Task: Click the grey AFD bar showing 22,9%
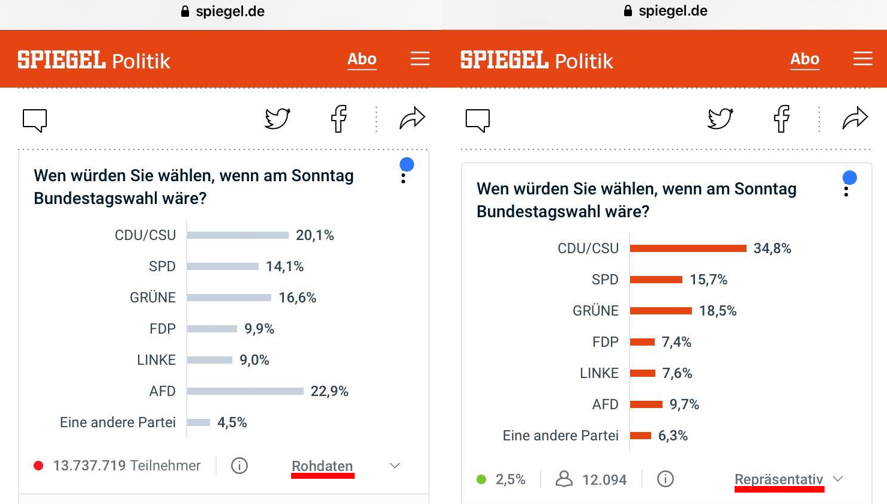point(245,391)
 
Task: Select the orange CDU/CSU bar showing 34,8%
point(688,248)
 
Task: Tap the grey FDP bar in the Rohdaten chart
point(212,329)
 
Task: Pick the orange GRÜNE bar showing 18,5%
point(661,311)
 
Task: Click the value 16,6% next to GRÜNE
point(297,298)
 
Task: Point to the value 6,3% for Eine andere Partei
point(673,436)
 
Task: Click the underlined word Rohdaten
point(322,466)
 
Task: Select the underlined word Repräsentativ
point(778,479)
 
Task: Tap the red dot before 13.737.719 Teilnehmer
point(38,466)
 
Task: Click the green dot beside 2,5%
point(481,479)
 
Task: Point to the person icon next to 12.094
point(564,479)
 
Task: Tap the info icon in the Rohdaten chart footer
point(239,466)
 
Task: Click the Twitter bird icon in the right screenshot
point(720,119)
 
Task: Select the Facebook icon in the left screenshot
point(339,119)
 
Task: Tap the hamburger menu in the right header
point(863,59)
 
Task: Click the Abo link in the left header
point(362,59)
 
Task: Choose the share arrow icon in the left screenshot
point(412,119)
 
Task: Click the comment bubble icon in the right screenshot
point(478,120)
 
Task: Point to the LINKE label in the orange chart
point(599,373)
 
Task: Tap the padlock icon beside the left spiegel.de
point(185,11)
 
